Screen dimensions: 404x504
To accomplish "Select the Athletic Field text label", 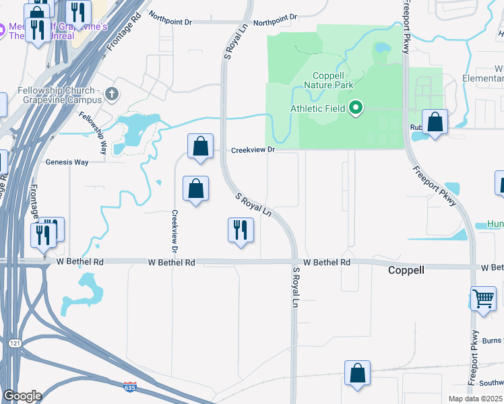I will click(317, 108).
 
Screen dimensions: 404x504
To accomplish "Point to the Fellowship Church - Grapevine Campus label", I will click(53, 96).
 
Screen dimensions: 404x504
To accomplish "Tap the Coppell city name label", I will click(406, 270).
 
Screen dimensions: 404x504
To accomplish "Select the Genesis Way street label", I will click(67, 162).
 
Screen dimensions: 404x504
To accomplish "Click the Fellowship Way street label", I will click(93, 127).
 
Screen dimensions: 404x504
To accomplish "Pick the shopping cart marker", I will click(483, 298).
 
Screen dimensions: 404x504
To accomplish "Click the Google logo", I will click(22, 396).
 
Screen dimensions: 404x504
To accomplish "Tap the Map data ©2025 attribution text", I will click(475, 399).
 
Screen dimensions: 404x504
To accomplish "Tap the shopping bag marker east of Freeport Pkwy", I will click(435, 123).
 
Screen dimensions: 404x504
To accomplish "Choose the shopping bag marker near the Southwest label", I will click(357, 374).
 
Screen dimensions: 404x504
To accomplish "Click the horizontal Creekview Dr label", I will click(253, 150).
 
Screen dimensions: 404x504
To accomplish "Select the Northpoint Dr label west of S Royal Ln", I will click(170, 22).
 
